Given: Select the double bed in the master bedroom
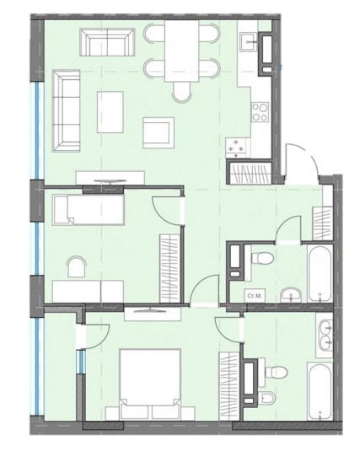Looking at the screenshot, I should [x=151, y=384].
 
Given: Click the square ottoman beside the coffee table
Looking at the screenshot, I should [x=157, y=130].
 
